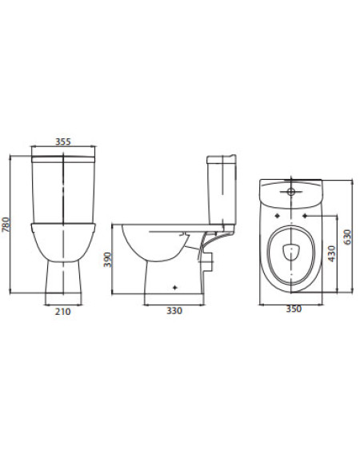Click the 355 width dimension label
pos(63,141)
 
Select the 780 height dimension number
pos(6,225)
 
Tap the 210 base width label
pos(63,312)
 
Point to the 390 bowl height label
pos(107,260)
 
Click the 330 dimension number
pos(174,311)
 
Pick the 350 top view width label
pos(294,309)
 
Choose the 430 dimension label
pos(331,253)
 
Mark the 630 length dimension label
pos(347,237)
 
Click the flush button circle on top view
pos(290,191)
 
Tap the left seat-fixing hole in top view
pos(278,216)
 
